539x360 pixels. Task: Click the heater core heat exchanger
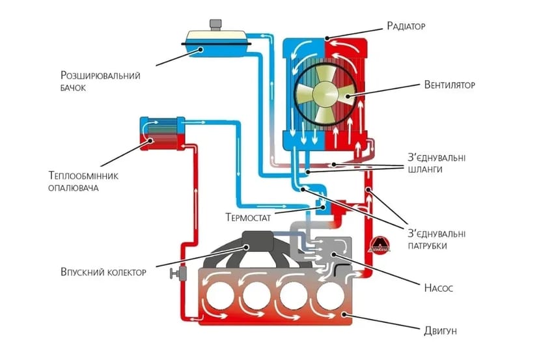162,133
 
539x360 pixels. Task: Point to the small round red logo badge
380,243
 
